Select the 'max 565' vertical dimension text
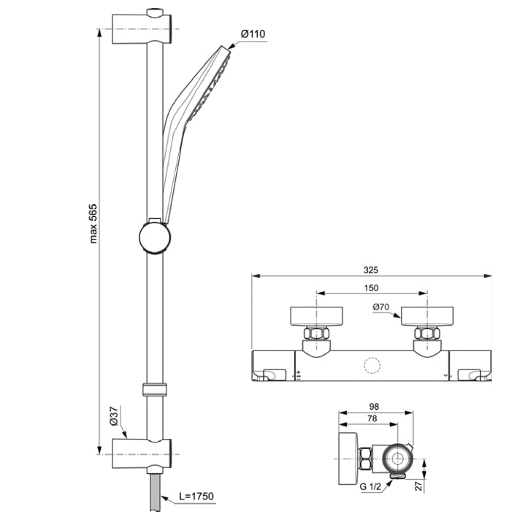(93, 223)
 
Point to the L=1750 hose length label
(196, 497)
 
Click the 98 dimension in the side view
(374, 406)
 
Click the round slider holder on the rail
(156, 237)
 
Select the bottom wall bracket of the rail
(142, 453)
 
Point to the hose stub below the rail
(155, 489)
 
